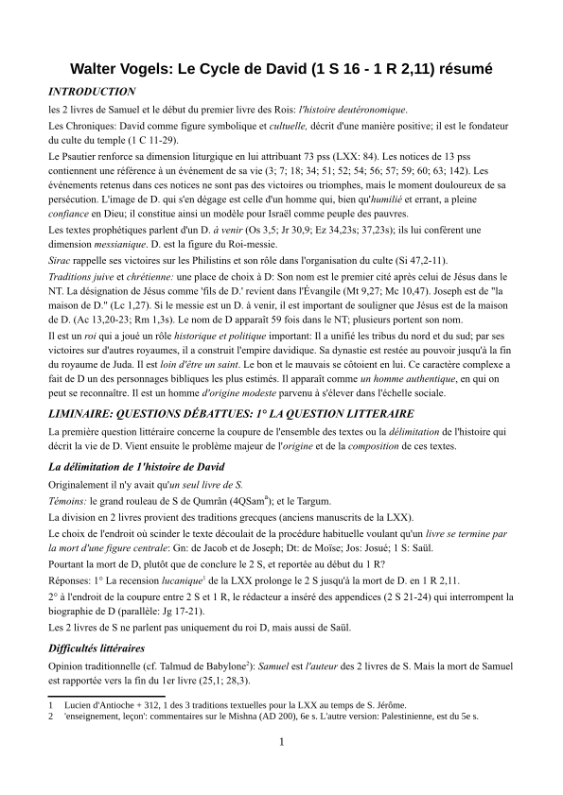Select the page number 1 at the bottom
[281, 741]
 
